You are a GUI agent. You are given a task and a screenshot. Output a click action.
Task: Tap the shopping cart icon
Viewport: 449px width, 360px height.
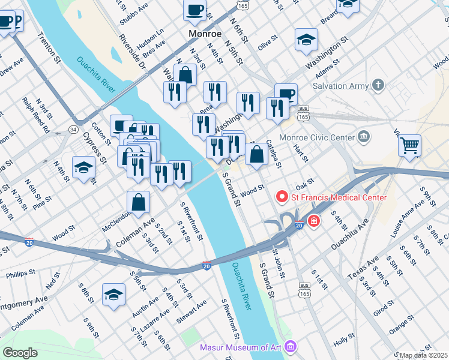[x=409, y=145]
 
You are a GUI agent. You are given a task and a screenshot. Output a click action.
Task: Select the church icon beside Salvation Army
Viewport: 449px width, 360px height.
[x=378, y=85]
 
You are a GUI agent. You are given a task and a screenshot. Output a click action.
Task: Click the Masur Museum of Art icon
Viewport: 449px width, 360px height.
[x=291, y=347]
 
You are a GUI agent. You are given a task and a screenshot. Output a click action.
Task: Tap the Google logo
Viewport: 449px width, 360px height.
[x=20, y=353]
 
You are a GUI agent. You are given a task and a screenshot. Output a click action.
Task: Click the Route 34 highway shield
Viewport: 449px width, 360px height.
[x=73, y=129]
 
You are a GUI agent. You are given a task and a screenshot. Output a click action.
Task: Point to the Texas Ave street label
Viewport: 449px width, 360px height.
[x=363, y=268]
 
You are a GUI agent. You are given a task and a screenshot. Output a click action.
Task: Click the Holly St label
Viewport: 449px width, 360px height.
[x=344, y=340]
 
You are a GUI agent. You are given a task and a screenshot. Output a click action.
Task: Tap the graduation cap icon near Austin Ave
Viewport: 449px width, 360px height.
[x=113, y=295]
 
